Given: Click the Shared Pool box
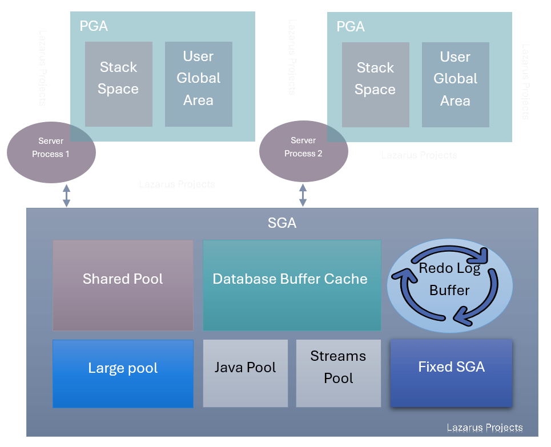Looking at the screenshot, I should (x=123, y=285).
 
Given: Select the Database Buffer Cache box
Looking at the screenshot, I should (x=291, y=285).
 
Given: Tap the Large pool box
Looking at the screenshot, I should (x=123, y=373).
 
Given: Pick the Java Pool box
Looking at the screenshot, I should (x=245, y=373).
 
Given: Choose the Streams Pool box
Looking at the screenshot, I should (x=338, y=373).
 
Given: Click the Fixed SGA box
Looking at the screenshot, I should (x=451, y=373).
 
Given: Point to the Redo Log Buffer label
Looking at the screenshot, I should (x=450, y=279).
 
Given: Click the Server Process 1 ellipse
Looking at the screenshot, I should (x=51, y=153).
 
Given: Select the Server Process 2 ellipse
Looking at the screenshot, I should (x=303, y=152).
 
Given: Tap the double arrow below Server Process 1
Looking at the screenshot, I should (x=66, y=195).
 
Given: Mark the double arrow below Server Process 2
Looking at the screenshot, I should (x=303, y=195).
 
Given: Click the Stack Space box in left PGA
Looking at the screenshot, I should (x=118, y=84).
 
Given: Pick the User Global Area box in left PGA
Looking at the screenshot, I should (x=198, y=84).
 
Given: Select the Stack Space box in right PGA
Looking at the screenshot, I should (x=375, y=84).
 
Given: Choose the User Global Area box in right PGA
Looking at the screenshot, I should (x=455, y=84).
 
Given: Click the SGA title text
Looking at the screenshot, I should (x=282, y=223).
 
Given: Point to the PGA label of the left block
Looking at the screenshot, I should (x=94, y=26).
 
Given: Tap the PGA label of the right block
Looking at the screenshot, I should (x=351, y=26).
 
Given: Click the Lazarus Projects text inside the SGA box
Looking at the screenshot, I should (x=484, y=428).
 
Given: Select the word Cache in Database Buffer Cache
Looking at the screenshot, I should (x=347, y=279).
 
